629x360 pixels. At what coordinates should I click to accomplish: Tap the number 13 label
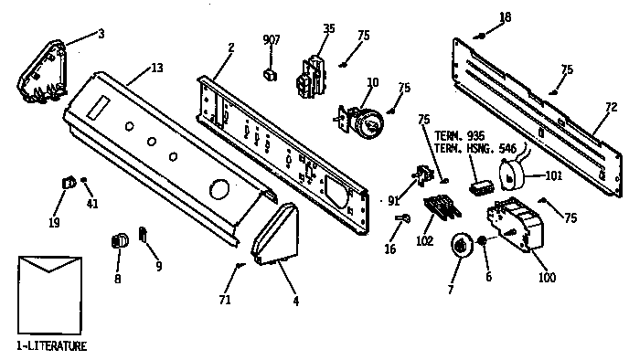click(x=157, y=68)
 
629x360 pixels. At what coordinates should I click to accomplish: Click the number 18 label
click(x=506, y=17)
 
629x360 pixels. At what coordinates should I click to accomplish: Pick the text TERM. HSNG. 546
click(x=462, y=148)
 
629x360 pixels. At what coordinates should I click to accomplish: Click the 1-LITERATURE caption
click(x=51, y=347)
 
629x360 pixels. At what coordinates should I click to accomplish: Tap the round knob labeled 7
click(x=462, y=246)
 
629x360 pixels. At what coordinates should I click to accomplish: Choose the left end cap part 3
click(x=42, y=69)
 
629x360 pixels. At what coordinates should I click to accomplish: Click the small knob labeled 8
click(x=117, y=240)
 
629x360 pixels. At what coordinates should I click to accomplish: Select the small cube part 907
click(x=269, y=71)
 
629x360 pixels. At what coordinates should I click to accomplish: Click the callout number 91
click(x=394, y=200)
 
